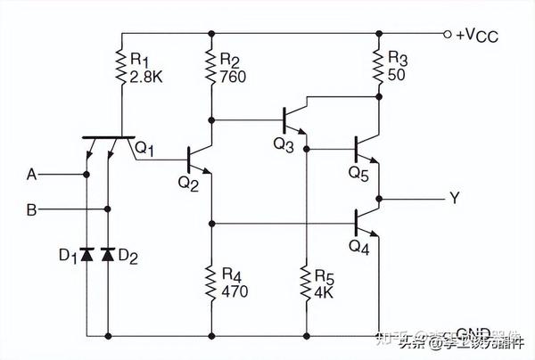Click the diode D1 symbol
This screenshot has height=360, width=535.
click(86, 255)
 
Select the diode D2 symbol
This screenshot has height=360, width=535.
click(109, 255)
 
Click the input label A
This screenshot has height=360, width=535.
click(31, 175)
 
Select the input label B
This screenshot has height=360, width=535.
click(31, 211)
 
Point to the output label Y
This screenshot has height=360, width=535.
click(455, 199)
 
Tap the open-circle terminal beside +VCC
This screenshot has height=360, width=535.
click(447, 35)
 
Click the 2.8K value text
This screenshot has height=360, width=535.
click(144, 76)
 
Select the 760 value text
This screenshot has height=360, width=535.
click(231, 76)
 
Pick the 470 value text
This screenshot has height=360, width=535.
click(234, 290)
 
